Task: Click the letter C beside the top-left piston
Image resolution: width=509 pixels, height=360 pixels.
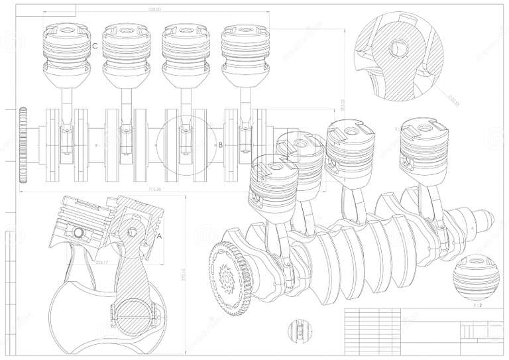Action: coord(96,46)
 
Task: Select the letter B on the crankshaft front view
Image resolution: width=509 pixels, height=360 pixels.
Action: coord(221,144)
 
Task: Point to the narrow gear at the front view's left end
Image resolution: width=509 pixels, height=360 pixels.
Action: coord(24,145)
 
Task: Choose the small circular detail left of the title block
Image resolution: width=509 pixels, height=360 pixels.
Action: coord(298,330)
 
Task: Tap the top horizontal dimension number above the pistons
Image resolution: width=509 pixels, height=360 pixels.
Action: coord(155,10)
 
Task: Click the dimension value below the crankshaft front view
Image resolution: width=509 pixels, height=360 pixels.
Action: coord(155,190)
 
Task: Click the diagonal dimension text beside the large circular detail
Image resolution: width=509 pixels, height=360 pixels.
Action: coord(453,101)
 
